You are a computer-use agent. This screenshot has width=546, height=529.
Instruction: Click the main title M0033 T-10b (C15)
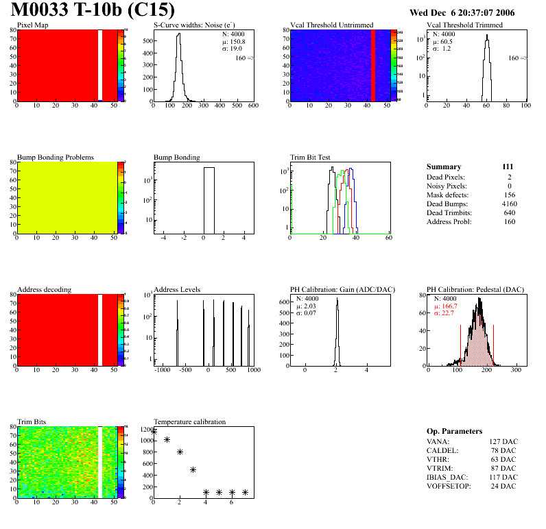pos(93,11)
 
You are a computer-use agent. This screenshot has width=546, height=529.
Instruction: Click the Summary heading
pos(444,167)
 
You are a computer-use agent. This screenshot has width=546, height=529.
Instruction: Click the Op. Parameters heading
pos(454,431)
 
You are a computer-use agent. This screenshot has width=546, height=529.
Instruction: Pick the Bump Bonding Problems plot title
pos(56,158)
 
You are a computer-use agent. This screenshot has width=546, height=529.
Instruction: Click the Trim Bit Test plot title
pos(311,158)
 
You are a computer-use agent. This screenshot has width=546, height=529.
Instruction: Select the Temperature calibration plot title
pos(189,421)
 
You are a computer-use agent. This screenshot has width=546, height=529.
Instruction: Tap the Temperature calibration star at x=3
pos(193,469)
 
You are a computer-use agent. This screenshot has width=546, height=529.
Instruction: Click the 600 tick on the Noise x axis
pos(253,106)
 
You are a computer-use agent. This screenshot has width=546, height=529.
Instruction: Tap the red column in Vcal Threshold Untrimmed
pos(373,65)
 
